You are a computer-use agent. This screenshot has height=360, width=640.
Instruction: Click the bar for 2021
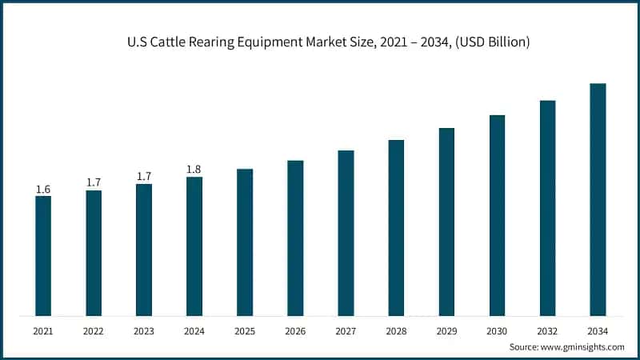click(43, 255)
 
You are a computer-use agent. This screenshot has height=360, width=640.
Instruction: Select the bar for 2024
click(194, 246)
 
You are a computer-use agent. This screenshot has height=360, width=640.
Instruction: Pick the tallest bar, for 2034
click(598, 199)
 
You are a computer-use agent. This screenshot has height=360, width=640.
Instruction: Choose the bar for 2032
click(547, 207)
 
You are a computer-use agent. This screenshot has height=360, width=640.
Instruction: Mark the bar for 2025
click(245, 242)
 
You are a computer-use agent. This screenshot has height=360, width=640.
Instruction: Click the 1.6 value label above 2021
click(43, 190)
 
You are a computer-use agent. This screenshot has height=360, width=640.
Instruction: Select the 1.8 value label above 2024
click(194, 170)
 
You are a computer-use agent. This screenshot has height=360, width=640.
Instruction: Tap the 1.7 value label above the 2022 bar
click(94, 183)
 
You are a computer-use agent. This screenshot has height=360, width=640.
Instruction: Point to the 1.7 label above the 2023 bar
click(144, 177)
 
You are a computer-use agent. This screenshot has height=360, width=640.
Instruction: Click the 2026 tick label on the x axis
click(295, 330)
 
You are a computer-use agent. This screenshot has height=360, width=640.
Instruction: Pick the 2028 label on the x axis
click(396, 330)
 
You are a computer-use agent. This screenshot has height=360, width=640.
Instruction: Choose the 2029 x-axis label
click(446, 330)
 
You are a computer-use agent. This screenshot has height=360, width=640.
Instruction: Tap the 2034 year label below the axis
click(598, 330)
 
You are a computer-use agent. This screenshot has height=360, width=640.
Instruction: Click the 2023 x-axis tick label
click(144, 330)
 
